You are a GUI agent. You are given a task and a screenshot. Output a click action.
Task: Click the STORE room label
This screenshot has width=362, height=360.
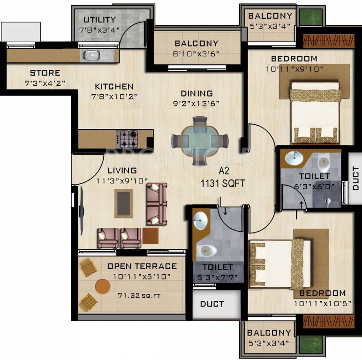click(x=45, y=73)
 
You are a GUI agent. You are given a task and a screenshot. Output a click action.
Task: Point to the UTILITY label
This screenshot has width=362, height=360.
click(x=99, y=20)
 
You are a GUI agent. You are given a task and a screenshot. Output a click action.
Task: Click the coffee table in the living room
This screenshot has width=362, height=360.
click(x=124, y=202)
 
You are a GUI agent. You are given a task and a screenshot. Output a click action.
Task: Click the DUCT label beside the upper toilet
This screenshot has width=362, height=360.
click(x=355, y=177)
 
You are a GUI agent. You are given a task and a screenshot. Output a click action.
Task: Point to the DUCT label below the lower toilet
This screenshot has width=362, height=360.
click(x=212, y=304)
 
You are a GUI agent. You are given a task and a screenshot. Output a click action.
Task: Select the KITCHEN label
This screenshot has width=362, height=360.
click(x=114, y=87)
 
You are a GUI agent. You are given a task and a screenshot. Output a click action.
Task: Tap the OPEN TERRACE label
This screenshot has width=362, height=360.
click(x=142, y=266)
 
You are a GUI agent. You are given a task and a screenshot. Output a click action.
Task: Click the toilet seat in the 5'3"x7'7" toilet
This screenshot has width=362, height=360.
click(x=206, y=250)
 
